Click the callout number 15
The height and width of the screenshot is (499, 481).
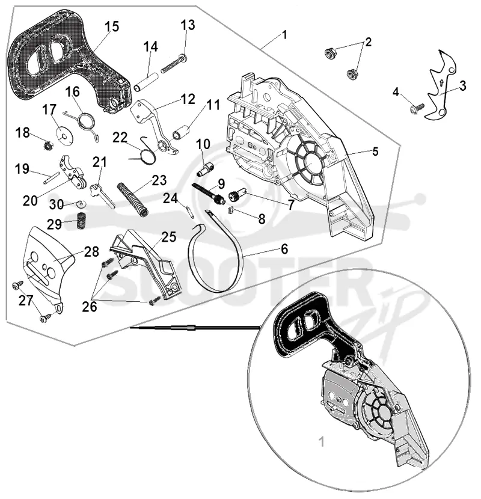(112, 26)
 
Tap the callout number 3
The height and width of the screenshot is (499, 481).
(463, 85)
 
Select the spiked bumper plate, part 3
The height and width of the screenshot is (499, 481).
(441, 85)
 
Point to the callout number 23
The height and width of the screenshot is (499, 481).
(159, 180)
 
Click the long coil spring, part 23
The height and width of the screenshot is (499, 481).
(133, 199)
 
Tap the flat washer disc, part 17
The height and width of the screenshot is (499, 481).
(66, 136)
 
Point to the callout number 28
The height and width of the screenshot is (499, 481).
(91, 251)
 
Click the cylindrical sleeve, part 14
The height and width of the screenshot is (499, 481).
(146, 82)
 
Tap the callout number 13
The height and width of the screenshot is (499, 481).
(188, 25)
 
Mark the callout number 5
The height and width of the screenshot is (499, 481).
(375, 152)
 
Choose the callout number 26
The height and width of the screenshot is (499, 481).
(89, 307)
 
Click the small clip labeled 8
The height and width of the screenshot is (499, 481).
(232, 210)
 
